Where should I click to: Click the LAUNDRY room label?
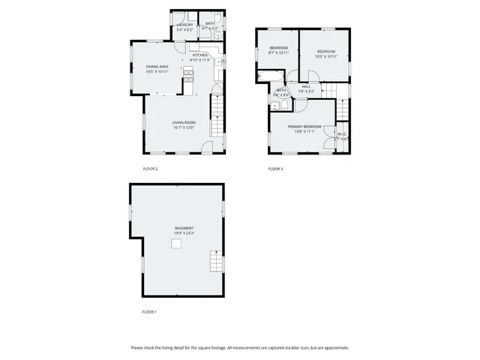pyautogui.click(x=184, y=25)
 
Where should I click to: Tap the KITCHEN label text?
pyautogui.click(x=199, y=55)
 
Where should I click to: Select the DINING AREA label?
pyautogui.click(x=157, y=67)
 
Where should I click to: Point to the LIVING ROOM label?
pyautogui.click(x=184, y=122)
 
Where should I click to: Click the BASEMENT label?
pyautogui.click(x=184, y=228)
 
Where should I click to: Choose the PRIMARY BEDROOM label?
pyautogui.click(x=304, y=126)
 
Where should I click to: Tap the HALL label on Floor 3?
pyautogui.click(x=306, y=86)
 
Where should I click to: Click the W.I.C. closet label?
pyautogui.click(x=342, y=135)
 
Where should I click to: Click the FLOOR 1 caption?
pyautogui.click(x=150, y=311)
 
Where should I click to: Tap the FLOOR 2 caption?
pyautogui.click(x=150, y=169)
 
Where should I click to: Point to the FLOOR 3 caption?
pyautogui.click(x=276, y=169)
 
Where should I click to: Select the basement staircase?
pyautogui.click(x=216, y=262)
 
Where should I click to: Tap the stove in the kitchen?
pyautogui.click(x=188, y=73)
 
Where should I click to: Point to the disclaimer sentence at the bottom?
pyautogui.click(x=240, y=347)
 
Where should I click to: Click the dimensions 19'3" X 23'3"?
pyautogui.click(x=184, y=233)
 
